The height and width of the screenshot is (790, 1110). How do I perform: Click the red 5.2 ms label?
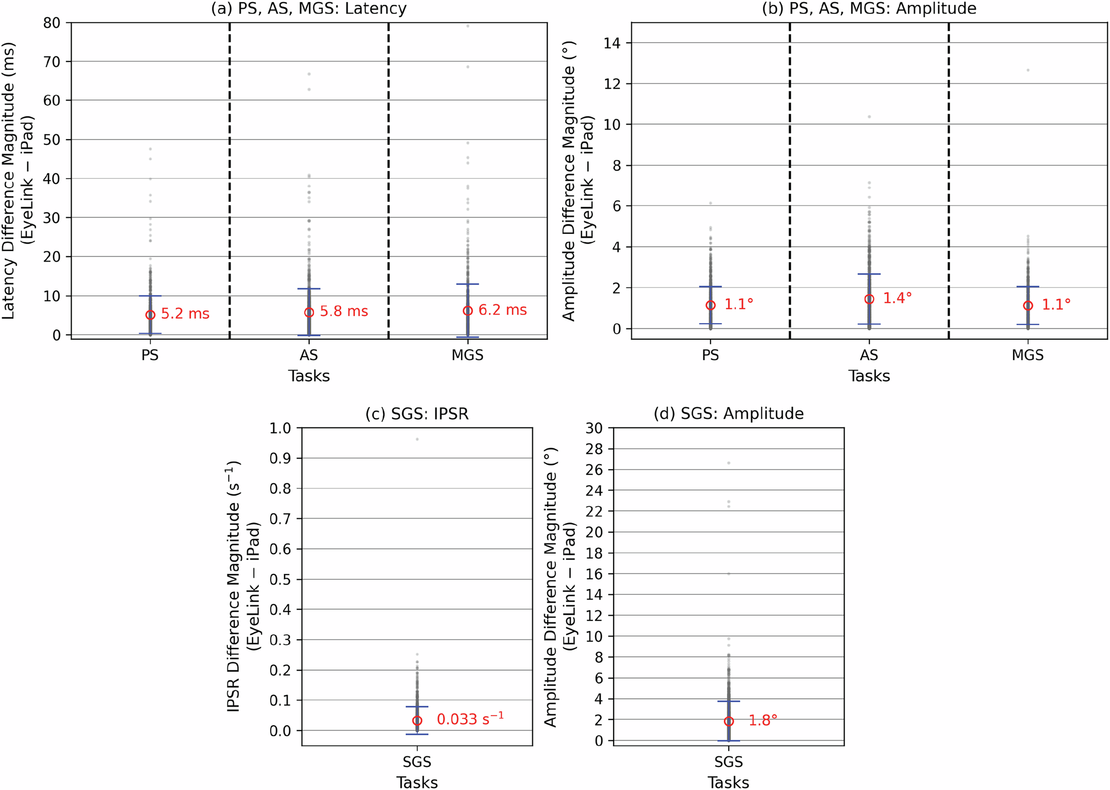point(185,314)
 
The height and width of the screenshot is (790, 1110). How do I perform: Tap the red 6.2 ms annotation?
point(502,310)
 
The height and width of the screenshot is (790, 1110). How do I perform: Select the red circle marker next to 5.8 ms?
point(309,312)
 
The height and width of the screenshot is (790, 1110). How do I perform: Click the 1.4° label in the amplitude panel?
point(897,298)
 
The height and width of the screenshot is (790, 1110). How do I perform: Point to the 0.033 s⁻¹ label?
point(470,719)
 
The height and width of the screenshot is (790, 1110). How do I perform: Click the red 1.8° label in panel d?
point(762,720)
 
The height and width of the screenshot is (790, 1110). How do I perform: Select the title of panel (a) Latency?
point(309,9)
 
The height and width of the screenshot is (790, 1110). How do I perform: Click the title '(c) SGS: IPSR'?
point(417,414)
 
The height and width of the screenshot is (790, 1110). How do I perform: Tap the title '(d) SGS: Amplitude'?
point(728,414)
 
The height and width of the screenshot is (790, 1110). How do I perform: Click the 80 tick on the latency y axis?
point(52,23)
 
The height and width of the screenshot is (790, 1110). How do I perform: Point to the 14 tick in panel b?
point(613,43)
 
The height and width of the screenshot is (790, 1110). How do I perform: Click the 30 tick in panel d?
point(594,428)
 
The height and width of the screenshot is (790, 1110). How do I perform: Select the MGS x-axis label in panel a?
point(467,355)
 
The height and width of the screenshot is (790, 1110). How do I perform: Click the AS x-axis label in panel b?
point(869,355)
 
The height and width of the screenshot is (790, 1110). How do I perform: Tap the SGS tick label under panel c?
point(417,762)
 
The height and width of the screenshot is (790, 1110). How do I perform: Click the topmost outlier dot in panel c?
point(417,439)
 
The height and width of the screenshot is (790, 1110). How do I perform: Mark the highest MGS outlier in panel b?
point(1028,70)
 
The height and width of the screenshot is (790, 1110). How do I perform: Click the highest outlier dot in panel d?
point(729,463)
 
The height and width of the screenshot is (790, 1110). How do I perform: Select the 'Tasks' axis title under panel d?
point(728,783)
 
